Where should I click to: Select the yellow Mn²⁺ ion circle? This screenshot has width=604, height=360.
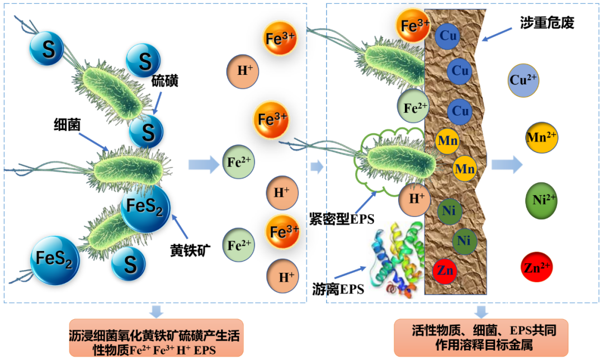click(541, 137)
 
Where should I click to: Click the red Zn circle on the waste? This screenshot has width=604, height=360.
click(446, 271)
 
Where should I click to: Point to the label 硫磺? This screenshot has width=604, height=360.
click(165, 82)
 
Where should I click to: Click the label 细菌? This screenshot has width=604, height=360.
click(68, 125)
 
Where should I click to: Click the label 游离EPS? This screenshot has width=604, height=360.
click(338, 289)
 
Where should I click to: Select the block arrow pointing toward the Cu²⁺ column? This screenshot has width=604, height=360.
click(507, 164)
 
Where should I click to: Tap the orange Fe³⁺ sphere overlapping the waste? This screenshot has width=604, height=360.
click(414, 24)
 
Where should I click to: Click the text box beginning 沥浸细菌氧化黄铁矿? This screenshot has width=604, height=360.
click(157, 338)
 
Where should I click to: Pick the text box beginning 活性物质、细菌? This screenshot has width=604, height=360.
click(480, 337)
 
